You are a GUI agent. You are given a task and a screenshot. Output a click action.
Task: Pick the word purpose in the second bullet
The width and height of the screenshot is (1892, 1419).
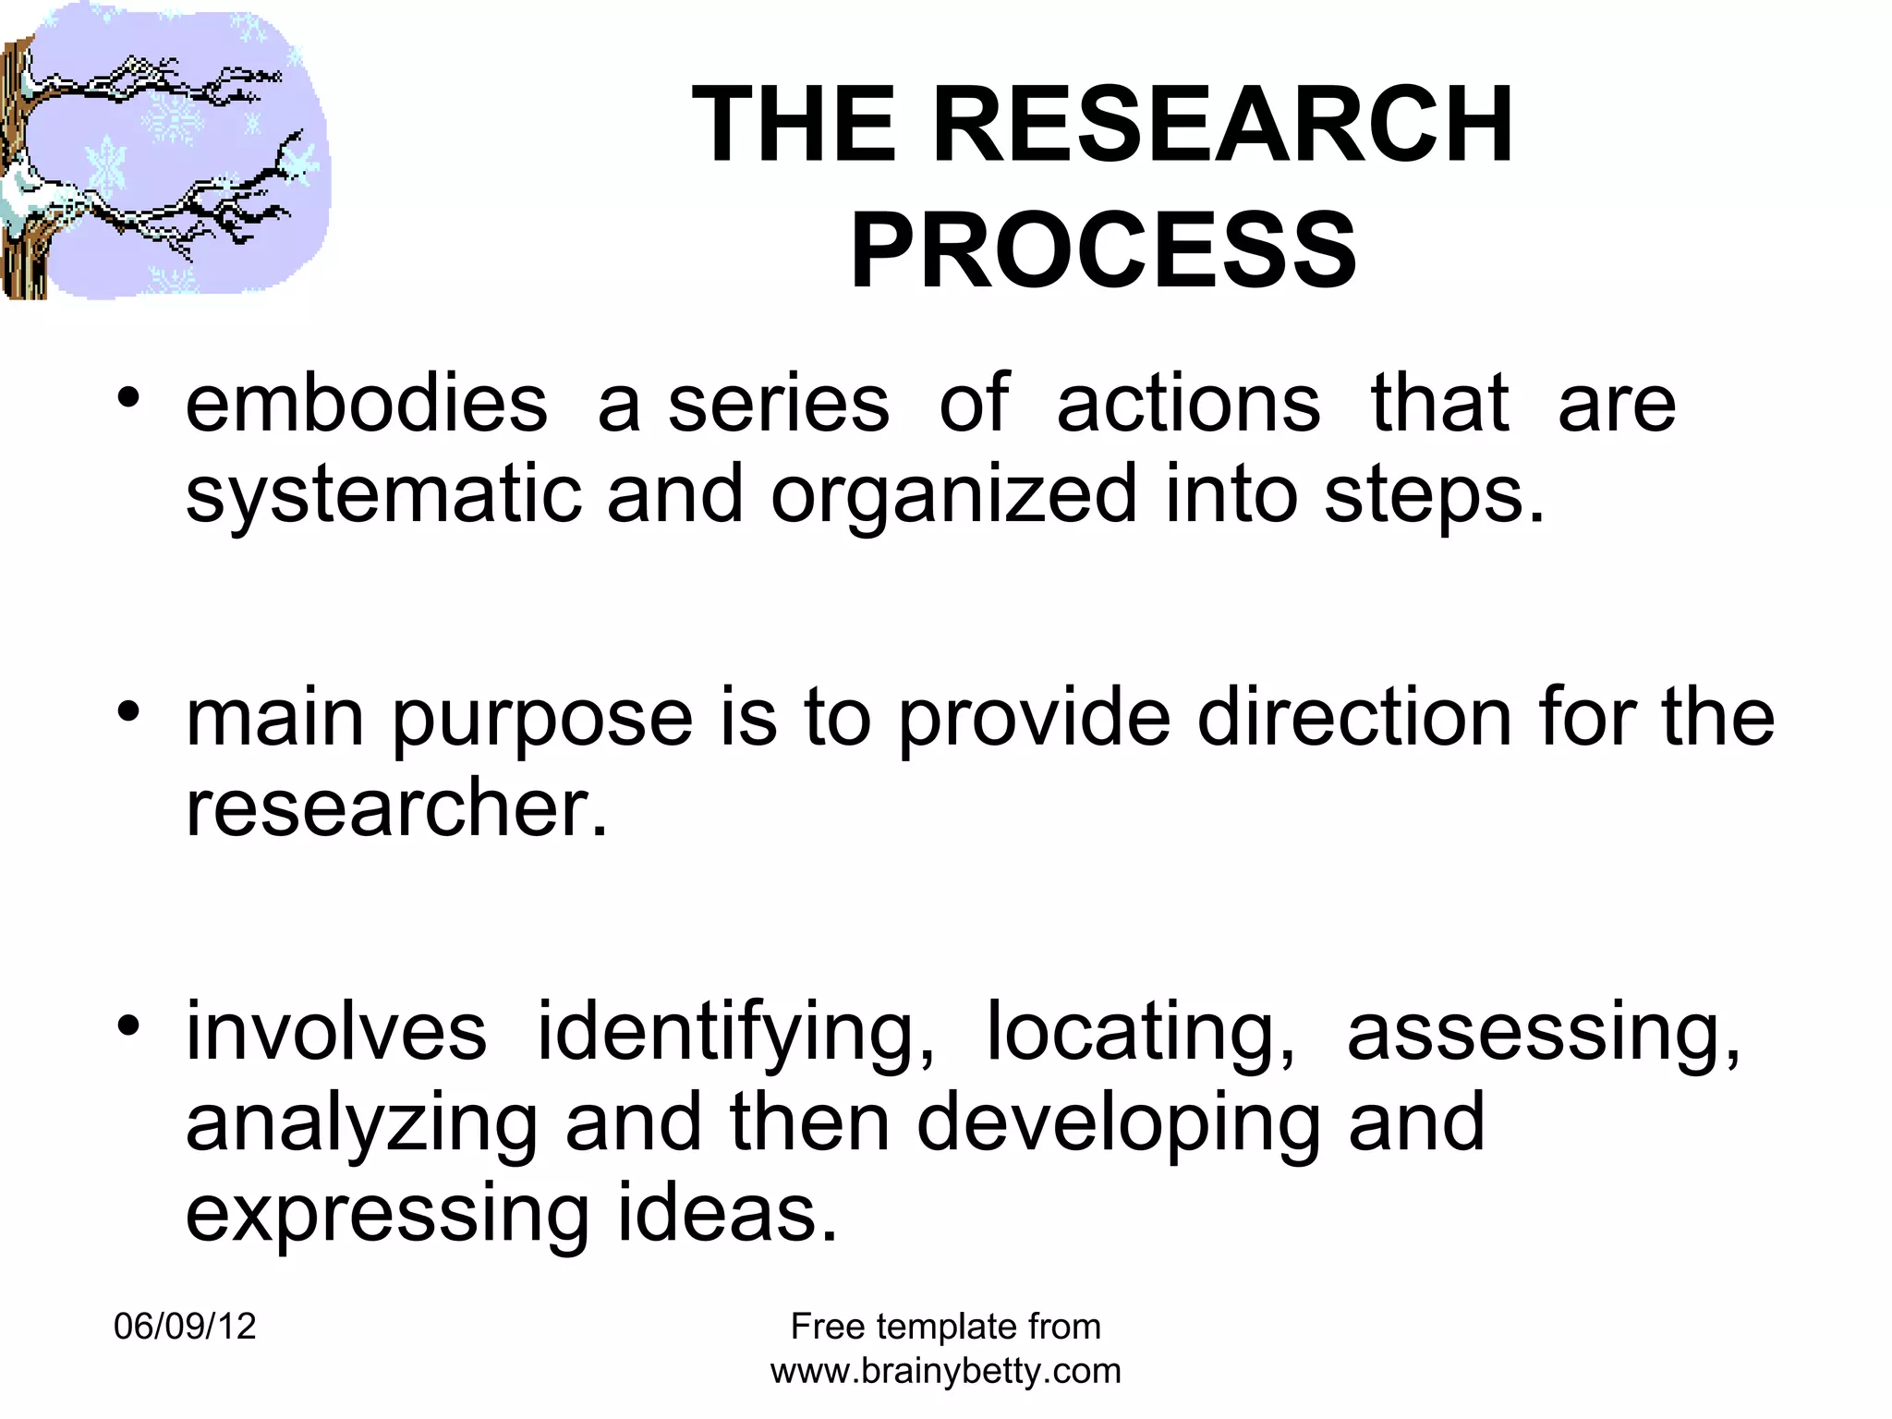click(x=542, y=721)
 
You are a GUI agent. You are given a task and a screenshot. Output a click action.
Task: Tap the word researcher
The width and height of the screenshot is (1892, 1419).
click(x=397, y=808)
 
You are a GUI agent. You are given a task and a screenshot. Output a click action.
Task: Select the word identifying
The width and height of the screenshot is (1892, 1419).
click(x=736, y=1034)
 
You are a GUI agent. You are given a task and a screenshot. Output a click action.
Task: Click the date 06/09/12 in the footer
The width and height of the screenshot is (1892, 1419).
click(x=185, y=1327)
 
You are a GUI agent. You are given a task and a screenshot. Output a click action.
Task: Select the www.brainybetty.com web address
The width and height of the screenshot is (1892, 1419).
click(x=946, y=1371)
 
